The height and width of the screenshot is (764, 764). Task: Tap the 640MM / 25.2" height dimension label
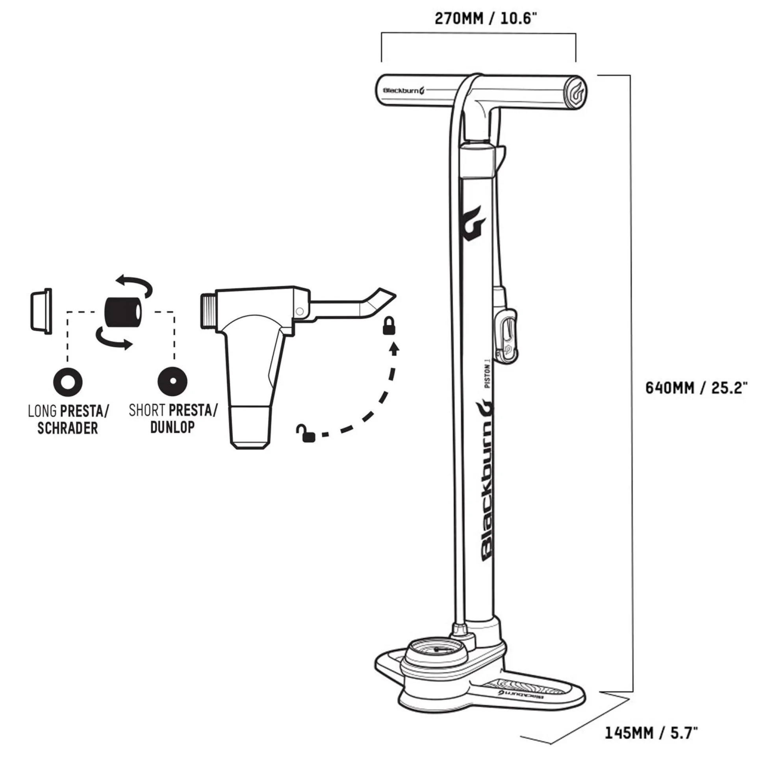tap(696, 388)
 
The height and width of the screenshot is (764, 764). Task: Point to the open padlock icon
tap(306, 433)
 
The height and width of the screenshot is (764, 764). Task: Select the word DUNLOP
tap(173, 427)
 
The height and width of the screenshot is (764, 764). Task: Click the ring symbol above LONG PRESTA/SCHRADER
tap(68, 382)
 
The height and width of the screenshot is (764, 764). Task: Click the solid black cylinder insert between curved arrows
tap(123, 312)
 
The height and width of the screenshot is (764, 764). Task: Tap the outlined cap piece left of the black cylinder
tap(41, 311)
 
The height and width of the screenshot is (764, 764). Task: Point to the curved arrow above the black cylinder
tap(134, 285)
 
